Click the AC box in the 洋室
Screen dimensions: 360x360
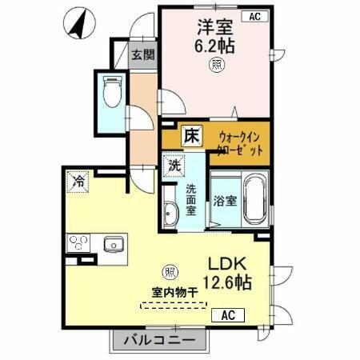pos(254,15)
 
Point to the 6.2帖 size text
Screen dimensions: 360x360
pos(214,45)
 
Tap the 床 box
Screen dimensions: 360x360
pos(192,136)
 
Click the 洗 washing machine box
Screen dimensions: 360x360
pos(174,166)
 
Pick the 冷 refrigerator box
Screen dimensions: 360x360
pos(78,181)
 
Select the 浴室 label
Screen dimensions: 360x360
pos(224,202)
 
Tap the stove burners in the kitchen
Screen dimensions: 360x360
pos(80,242)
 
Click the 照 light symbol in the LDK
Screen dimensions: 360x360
pos(170,271)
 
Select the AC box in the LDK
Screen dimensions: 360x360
pos(227,314)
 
